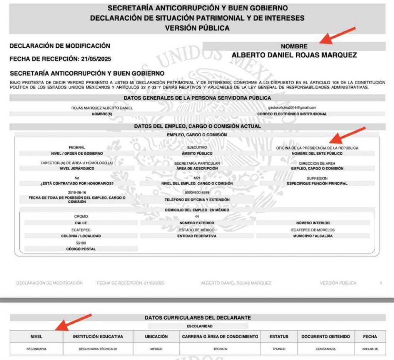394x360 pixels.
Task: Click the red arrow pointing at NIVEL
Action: click(x=73, y=322)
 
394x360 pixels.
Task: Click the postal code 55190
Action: click(x=81, y=243)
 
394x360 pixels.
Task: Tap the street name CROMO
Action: click(x=81, y=217)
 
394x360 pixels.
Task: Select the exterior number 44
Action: click(x=197, y=217)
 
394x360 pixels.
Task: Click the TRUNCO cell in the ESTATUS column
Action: click(x=279, y=349)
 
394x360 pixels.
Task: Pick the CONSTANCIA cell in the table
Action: click(x=326, y=349)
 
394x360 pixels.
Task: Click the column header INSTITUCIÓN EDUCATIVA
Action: click(x=98, y=337)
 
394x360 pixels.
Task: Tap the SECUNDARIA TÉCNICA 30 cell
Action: click(x=98, y=349)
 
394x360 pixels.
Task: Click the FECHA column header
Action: click(x=370, y=337)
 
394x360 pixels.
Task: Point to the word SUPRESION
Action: click(x=317, y=178)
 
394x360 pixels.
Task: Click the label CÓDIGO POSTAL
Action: click(x=81, y=249)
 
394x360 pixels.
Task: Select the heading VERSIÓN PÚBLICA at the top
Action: click(x=197, y=28)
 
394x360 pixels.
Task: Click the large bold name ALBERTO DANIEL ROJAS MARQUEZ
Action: click(x=294, y=55)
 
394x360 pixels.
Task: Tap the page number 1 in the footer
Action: click(x=381, y=283)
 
